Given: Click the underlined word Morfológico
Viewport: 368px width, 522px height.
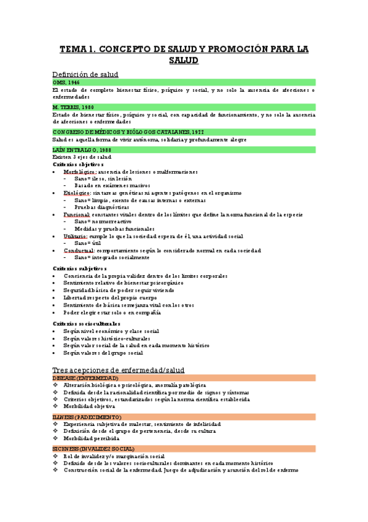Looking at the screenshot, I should click(79, 171).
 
